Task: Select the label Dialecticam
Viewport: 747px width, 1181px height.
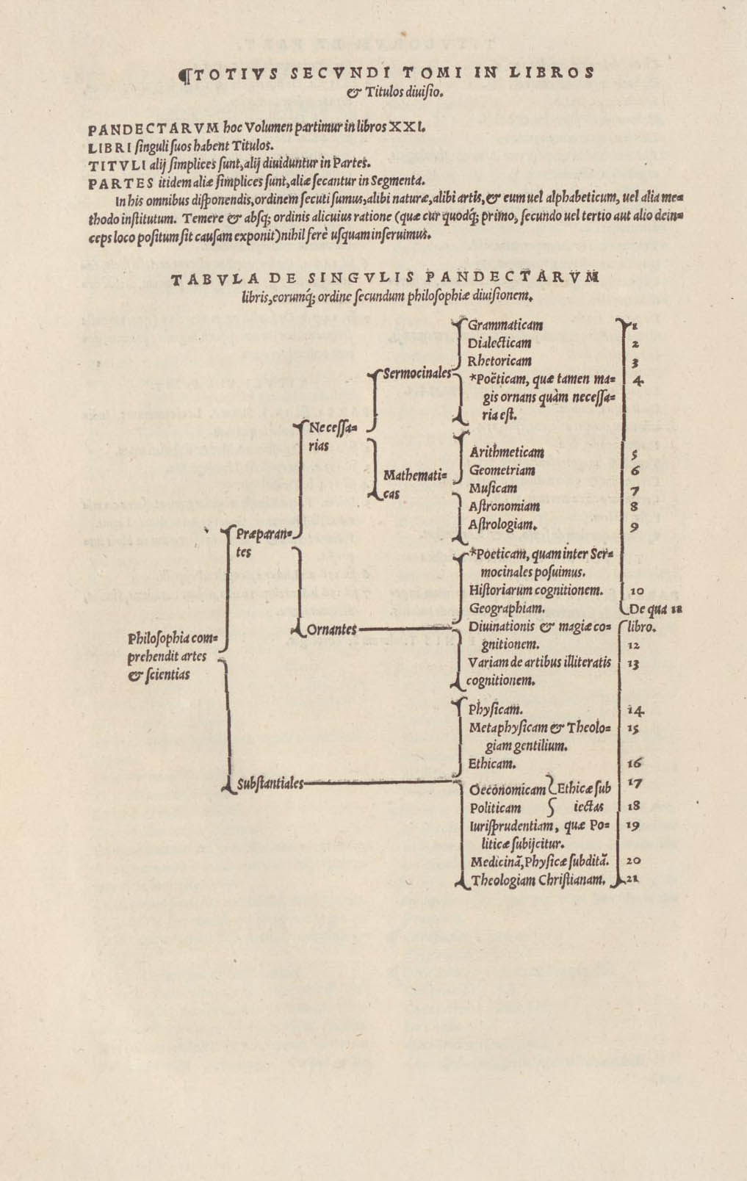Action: (499, 343)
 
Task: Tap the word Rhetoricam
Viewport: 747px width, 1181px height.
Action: (499, 361)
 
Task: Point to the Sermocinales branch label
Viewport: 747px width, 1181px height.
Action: (416, 373)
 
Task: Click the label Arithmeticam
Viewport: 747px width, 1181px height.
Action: (507, 452)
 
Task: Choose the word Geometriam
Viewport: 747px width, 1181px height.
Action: (502, 471)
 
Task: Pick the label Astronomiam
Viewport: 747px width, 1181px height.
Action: (505, 506)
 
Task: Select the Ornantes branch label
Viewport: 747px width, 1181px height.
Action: (331, 629)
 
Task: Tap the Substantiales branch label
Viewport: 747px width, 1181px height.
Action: (270, 784)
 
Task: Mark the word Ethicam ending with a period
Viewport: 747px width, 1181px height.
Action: (491, 764)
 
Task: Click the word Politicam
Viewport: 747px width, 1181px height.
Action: (496, 808)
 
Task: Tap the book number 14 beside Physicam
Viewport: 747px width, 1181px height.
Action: (636, 710)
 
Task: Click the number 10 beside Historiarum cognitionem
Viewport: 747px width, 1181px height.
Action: (637, 590)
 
